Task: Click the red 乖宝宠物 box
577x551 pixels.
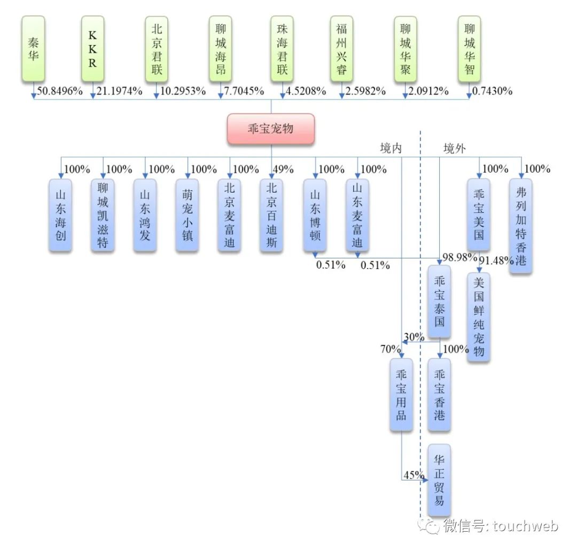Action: [x=270, y=129]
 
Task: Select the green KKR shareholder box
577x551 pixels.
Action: [x=92, y=49]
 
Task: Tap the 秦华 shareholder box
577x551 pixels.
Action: [x=34, y=49]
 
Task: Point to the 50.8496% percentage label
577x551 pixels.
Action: [x=60, y=91]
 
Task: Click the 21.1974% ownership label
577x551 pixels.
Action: [x=120, y=91]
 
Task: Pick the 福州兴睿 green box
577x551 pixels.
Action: [x=341, y=49]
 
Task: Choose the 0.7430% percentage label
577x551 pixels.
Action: [x=492, y=91]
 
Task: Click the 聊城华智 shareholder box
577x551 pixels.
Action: [x=469, y=49]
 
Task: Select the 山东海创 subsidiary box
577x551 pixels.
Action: [x=60, y=215]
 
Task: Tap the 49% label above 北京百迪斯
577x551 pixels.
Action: [x=283, y=170]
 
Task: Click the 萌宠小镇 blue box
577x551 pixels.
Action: [x=188, y=215]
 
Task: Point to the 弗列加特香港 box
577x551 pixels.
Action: [x=520, y=226]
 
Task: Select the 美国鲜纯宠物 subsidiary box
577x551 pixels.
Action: [x=479, y=317]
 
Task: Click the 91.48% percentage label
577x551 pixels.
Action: [x=496, y=261]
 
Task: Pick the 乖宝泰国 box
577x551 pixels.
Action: [x=439, y=301]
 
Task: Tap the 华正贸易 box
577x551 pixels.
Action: [x=439, y=479]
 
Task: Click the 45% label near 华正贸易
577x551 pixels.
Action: [x=414, y=475]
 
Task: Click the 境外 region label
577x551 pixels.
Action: [x=454, y=149]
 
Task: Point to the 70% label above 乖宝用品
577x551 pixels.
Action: [x=390, y=349]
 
